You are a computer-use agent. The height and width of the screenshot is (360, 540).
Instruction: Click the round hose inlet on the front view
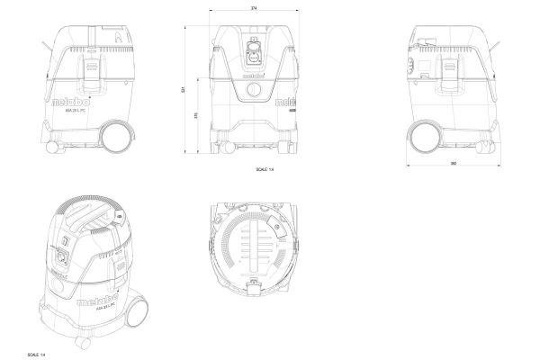point(254,54)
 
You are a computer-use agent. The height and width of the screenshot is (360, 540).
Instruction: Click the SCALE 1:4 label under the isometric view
point(37,353)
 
